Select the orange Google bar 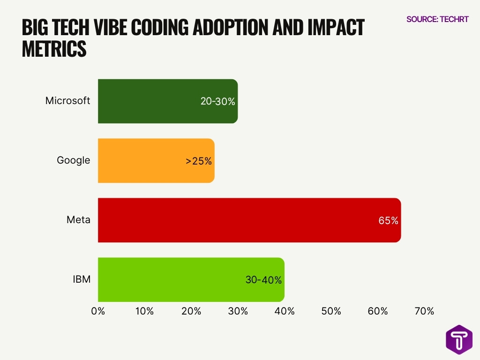pos(141,161)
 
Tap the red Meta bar pos(234,220)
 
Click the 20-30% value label pos(217,101)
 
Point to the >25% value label pos(199,161)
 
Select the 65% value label pos(388,220)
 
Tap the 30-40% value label pos(263,280)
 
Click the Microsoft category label pos(67,101)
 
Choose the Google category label pos(73,160)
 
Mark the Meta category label pos(78,220)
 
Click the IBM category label pos(81,279)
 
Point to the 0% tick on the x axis pos(98,311)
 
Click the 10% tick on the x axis pos(144,311)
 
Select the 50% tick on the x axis pos(331,311)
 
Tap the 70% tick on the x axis pos(424,311)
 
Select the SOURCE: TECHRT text pos(437,19)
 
